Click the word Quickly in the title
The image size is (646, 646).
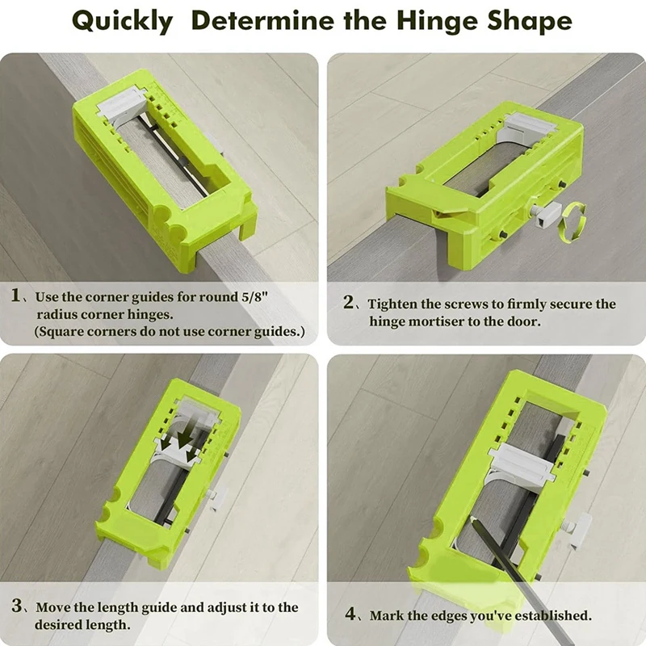click(x=121, y=22)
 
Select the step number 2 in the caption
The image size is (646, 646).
click(x=349, y=304)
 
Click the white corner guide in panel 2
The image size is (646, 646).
click(x=530, y=127)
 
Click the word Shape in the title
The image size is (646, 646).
click(x=525, y=22)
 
